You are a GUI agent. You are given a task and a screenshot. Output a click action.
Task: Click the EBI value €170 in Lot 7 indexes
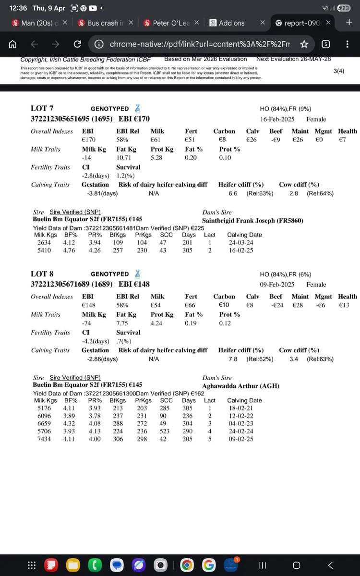coord(89,140)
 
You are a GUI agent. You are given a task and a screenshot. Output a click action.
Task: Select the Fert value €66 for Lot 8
coord(191,305)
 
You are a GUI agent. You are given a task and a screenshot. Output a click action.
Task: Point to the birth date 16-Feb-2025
coord(277,119)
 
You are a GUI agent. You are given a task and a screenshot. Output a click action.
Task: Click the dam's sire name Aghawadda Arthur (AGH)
coord(240,386)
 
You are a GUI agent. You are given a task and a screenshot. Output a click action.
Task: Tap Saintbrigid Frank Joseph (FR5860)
coord(253,221)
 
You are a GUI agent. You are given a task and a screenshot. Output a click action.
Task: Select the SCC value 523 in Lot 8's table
coord(166,431)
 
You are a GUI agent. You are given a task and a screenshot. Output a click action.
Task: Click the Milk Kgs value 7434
coord(43,439)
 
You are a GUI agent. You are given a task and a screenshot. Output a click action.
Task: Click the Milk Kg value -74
coord(87,323)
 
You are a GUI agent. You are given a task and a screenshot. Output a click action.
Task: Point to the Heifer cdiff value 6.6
coord(233,193)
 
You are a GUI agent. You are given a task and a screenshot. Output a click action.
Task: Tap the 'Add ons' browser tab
coord(231,23)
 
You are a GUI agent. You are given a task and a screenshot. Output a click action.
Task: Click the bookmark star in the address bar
coord(304,44)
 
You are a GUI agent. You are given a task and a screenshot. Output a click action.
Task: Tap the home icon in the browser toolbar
coord(13,44)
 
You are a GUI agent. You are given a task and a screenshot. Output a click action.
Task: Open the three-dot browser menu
coord(347,44)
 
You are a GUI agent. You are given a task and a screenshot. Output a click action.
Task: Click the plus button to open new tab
coord(349,23)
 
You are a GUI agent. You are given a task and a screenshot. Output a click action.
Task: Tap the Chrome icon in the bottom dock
coord(187,565)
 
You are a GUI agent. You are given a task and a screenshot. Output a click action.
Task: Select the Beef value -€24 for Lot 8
coord(276,305)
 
